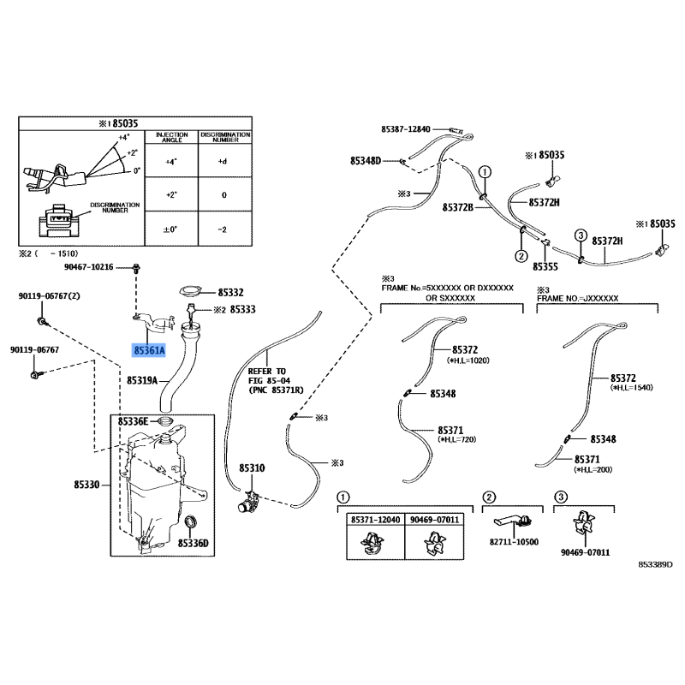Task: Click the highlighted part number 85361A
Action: click(x=148, y=350)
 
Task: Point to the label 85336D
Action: click(x=194, y=542)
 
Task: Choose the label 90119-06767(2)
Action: click(x=49, y=296)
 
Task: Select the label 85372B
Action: click(x=457, y=207)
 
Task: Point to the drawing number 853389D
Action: click(x=655, y=565)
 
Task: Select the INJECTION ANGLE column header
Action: click(x=171, y=138)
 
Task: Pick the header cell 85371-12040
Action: click(x=373, y=520)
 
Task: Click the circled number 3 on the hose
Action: click(x=580, y=235)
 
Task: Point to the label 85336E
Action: click(x=134, y=421)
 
